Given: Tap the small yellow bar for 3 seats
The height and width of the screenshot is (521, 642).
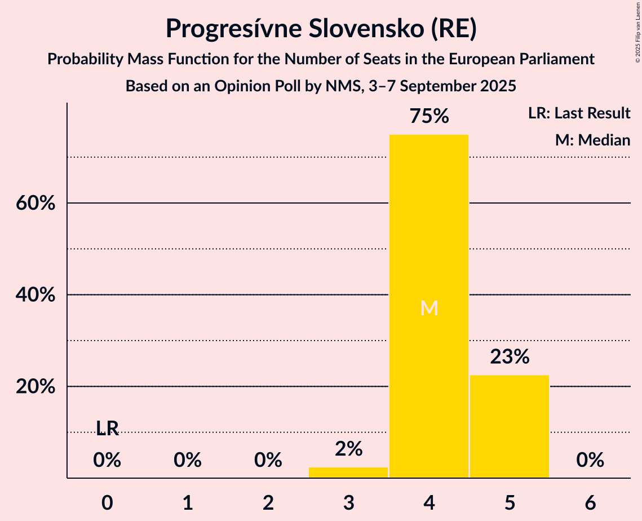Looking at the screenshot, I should pos(348,473).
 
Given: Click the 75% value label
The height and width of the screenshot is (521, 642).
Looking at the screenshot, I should pos(429,117).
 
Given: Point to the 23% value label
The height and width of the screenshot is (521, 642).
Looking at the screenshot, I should pos(510,357).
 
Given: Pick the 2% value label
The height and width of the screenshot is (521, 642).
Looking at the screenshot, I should pos(348,449).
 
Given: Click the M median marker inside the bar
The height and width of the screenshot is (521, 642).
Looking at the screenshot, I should pos(429,308).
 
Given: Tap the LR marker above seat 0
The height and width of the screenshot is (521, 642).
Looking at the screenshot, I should pos(107,429).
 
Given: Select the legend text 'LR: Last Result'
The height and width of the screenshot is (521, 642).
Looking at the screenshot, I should pos(579,113).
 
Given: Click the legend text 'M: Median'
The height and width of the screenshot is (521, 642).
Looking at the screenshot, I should pos(592,140).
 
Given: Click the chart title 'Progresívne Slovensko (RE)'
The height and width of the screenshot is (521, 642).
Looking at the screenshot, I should pos(321,29).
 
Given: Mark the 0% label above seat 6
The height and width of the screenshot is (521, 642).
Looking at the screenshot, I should pos(590,461).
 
